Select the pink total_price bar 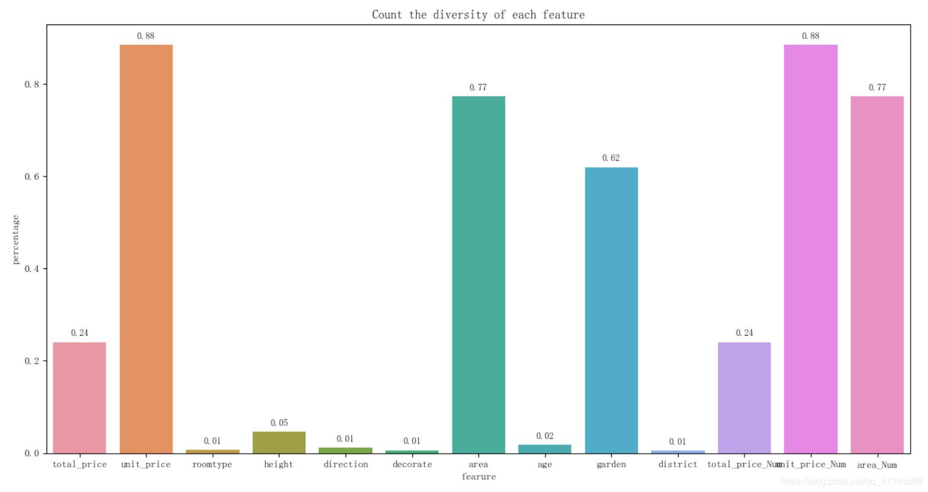[x=80, y=398]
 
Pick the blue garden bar [x=611, y=310]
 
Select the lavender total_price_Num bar [x=744, y=398]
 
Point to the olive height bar [x=279, y=442]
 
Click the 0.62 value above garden [x=611, y=158]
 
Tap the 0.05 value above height [x=279, y=423]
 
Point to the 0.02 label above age [x=545, y=436]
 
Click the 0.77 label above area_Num [x=877, y=88]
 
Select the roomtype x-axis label [x=212, y=465]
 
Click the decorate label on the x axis [x=412, y=465]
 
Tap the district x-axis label [x=678, y=465]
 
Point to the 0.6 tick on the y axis [x=32, y=177]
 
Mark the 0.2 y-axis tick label [x=32, y=361]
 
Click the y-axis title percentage [x=16, y=239]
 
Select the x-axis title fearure [x=479, y=477]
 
